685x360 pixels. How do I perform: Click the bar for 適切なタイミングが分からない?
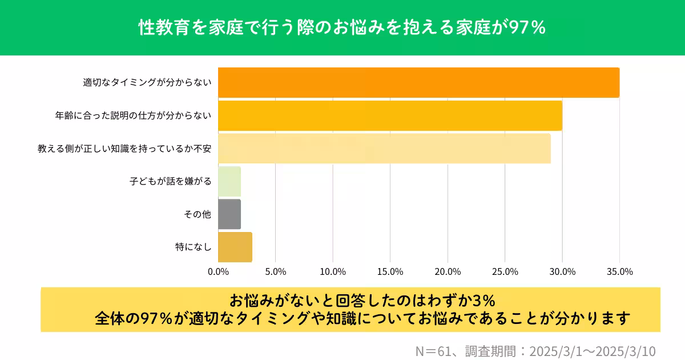tap(418, 82)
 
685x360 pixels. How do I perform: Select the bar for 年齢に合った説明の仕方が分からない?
tap(390, 115)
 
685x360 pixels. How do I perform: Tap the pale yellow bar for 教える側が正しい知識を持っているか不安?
tap(384, 149)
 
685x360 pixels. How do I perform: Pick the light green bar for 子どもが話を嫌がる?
tap(229, 182)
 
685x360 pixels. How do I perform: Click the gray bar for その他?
tap(229, 214)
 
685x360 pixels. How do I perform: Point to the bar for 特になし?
tap(235, 247)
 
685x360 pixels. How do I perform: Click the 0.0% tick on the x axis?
tap(219, 271)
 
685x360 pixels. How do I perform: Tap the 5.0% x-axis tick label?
tap(276, 271)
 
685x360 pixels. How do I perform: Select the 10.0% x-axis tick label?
tap(333, 271)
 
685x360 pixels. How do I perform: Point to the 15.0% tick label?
tap(390, 271)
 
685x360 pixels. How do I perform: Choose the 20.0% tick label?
tap(448, 271)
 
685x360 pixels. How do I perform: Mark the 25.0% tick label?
tap(505, 271)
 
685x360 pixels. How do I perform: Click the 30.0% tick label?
tap(562, 271)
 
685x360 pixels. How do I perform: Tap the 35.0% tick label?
tap(619, 271)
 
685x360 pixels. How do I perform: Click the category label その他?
tap(198, 214)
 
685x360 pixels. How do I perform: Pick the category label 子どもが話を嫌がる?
tap(171, 182)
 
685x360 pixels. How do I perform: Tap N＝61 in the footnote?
tap(434, 350)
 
